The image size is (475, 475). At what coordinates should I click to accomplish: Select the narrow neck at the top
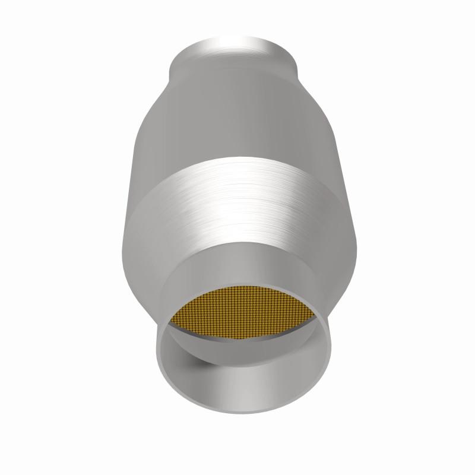coord(235,59)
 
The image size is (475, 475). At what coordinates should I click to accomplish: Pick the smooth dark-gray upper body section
coord(237,119)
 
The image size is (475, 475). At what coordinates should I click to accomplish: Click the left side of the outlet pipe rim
coord(159,356)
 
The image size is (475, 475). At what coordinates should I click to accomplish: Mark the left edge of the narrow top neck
coord(172,62)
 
